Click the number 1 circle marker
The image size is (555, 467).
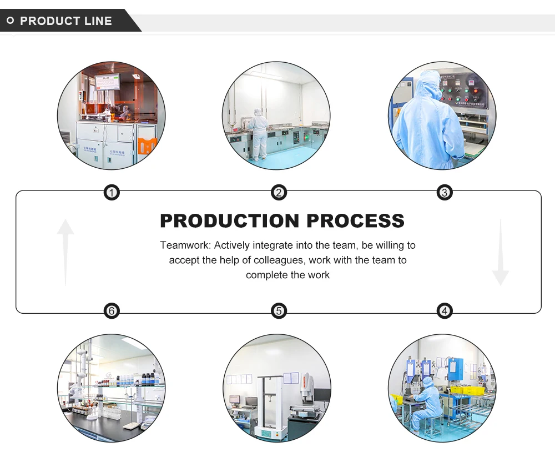tap(112, 193)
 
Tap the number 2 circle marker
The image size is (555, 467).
tap(279, 193)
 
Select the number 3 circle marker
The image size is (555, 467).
tap(444, 193)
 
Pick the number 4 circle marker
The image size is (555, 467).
tap(444, 311)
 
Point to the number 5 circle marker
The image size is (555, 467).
tap(279, 311)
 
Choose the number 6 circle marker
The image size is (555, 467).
tap(112, 311)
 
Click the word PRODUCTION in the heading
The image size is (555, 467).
tap(230, 220)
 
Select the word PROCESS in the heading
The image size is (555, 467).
tap(356, 220)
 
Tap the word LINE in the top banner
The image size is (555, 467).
tap(98, 21)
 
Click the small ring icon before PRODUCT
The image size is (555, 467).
tap(10, 21)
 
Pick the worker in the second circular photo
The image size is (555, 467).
tap(259, 133)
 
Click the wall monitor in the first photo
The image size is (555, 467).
tap(107, 82)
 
